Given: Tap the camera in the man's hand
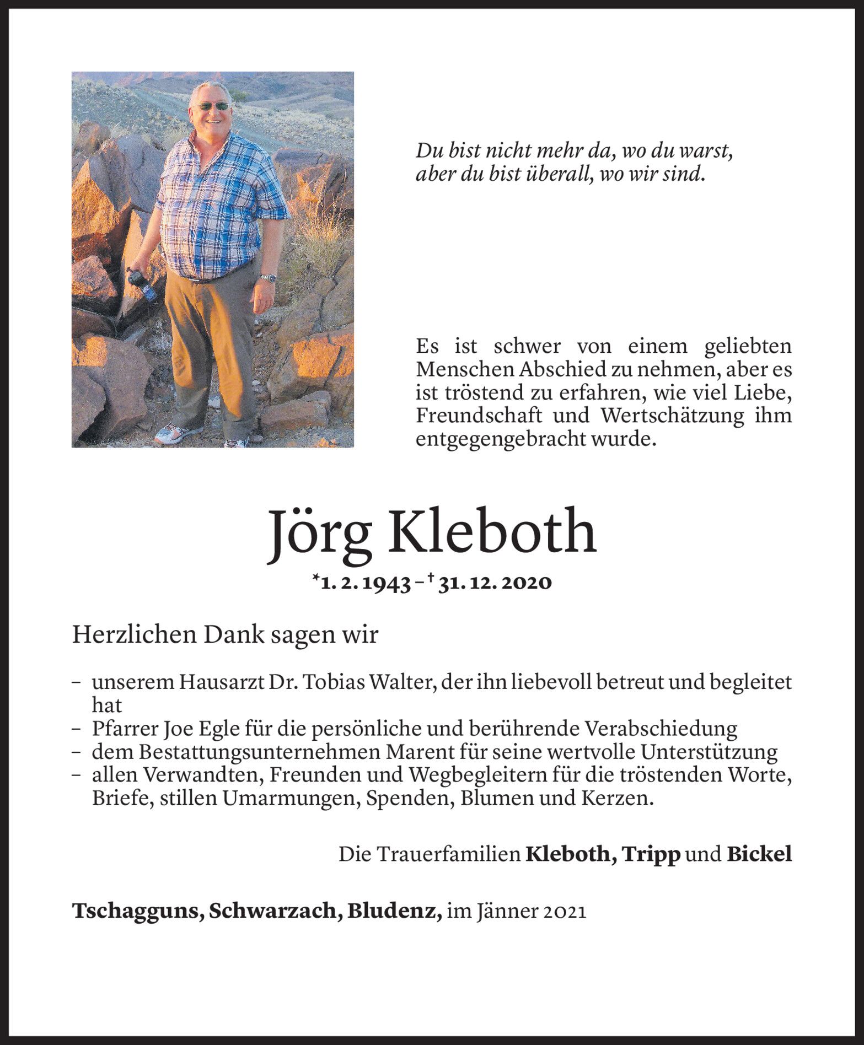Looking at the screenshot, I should (142, 283).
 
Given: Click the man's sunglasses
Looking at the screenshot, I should (212, 106).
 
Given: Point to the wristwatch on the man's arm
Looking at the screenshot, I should (268, 278).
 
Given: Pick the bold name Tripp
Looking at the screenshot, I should (652, 854).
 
